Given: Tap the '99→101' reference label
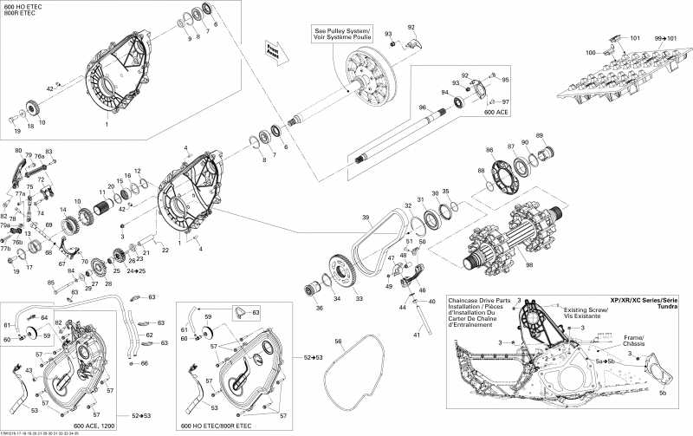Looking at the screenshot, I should tap(666, 39).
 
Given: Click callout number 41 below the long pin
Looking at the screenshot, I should tap(418, 335).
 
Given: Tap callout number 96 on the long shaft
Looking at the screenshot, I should tap(422, 107).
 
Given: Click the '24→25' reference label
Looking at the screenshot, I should tap(137, 270).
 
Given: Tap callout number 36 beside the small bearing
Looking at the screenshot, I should tap(318, 307).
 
